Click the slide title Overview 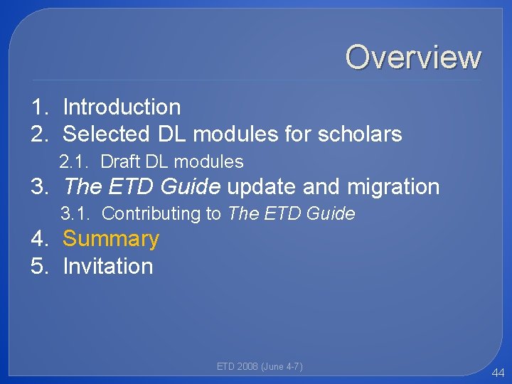pos(413,57)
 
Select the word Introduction pos(122,107)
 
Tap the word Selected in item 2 pos(106,134)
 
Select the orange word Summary pos(111,239)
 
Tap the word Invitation pos(108,266)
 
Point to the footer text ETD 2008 pos(237,366)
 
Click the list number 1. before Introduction pos(40,107)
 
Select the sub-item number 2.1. pos(75,162)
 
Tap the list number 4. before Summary pos(40,239)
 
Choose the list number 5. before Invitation pos(40,266)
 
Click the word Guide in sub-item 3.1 pos(331,213)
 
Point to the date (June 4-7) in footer pos(282,366)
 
